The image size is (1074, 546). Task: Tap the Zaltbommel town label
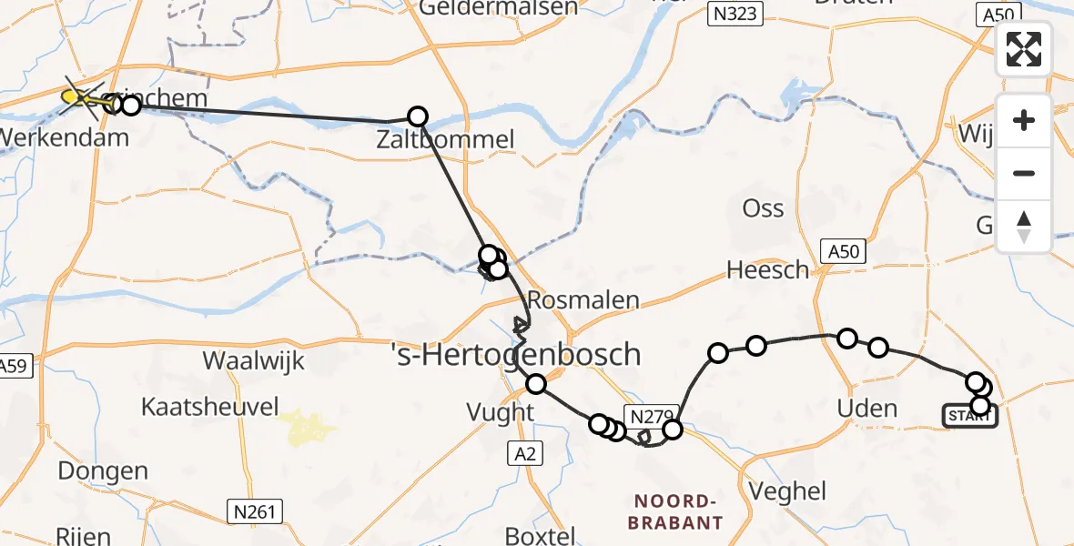click(447, 140)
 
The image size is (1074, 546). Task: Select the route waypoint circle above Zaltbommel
click(418, 116)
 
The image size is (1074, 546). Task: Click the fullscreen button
click(1024, 49)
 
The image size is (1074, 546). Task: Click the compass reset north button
click(1024, 227)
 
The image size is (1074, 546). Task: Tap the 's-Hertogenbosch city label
click(514, 354)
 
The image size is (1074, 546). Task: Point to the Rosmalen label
click(583, 300)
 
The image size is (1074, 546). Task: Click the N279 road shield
click(649, 416)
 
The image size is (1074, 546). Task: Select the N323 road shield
click(735, 13)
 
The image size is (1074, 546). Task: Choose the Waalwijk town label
click(250, 359)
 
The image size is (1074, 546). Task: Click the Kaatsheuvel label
click(210, 407)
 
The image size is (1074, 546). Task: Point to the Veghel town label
click(787, 491)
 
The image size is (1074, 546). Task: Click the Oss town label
click(763, 208)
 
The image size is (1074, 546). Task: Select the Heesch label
click(767, 269)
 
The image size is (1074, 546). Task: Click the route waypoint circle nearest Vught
click(536, 384)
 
